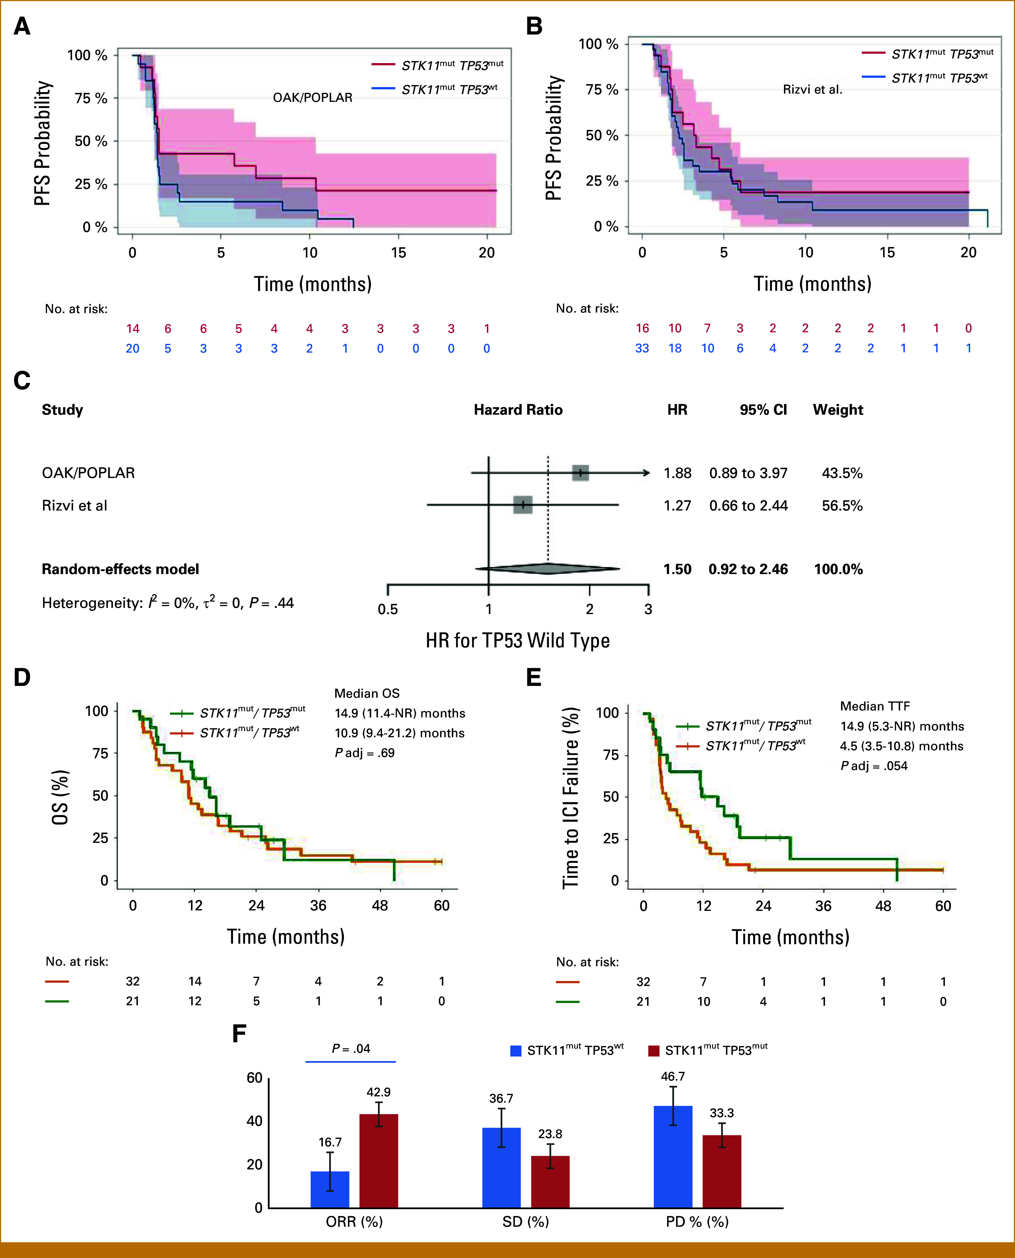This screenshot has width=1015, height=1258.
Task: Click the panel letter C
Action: point(22,381)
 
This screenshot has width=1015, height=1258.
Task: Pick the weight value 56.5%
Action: point(842,506)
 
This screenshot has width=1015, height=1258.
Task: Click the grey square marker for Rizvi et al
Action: point(523,505)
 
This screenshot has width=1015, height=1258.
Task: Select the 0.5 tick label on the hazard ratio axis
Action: point(388,609)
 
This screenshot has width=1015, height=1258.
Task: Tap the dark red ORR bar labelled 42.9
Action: point(378,1160)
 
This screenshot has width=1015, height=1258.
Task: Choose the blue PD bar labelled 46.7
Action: point(673,1156)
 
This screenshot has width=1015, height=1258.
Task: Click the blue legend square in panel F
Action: point(516,1051)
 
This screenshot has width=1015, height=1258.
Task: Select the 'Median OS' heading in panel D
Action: point(367,693)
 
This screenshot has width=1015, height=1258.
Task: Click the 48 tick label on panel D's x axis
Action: point(380,905)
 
